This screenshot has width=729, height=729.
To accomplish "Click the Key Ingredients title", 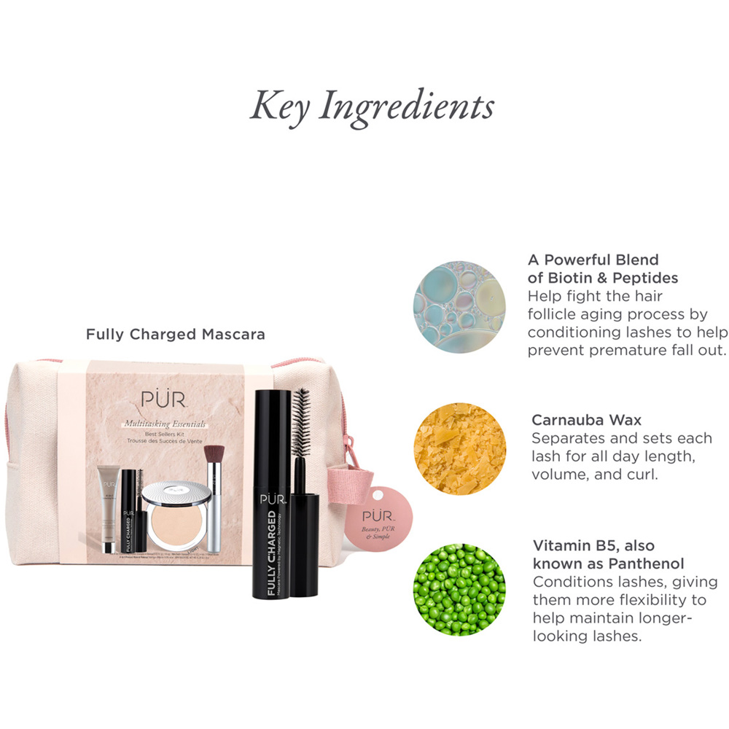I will click(x=372, y=106).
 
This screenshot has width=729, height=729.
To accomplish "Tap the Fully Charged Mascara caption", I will click(x=176, y=335).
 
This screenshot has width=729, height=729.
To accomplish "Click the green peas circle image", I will click(x=459, y=588).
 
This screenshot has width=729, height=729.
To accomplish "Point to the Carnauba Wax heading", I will click(x=586, y=420).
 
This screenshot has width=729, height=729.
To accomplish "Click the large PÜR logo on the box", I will click(x=167, y=401).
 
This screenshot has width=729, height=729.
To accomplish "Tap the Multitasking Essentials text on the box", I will click(x=165, y=423).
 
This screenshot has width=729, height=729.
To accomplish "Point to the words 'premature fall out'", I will click(x=628, y=350).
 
